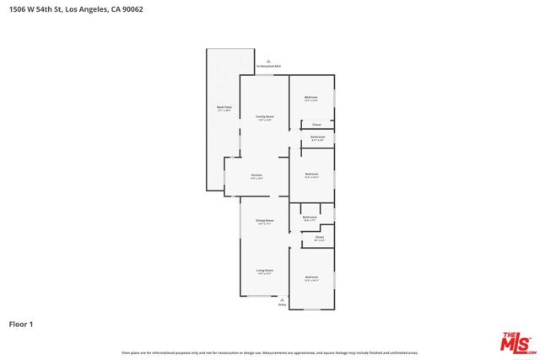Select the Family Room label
[x=265, y=117]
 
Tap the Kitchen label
[x=256, y=176]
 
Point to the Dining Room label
[x=265, y=222]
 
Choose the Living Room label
[x=265, y=271]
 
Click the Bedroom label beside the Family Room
[x=311, y=99]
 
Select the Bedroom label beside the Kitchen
[x=311, y=175]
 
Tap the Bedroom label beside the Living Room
[x=311, y=278]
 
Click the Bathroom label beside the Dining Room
[x=310, y=218]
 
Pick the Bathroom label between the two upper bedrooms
[x=317, y=137]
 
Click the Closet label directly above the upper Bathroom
[x=316, y=125]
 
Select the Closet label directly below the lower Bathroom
[x=320, y=238]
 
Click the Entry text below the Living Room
[x=282, y=304]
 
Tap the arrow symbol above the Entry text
[x=282, y=298]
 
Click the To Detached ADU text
[x=268, y=66]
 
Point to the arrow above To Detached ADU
[x=268, y=61]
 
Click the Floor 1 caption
[x=20, y=324]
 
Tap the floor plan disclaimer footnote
[x=270, y=352]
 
